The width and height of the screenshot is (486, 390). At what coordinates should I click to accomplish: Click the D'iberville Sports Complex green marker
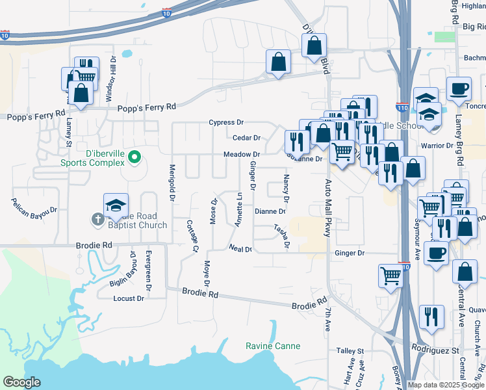coord(134,156)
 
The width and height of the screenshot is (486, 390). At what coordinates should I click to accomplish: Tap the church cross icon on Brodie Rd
coord(97,219)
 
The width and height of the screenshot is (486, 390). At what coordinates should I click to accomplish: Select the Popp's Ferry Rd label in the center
coord(147,107)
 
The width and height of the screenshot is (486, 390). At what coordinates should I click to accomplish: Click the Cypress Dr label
coord(226,122)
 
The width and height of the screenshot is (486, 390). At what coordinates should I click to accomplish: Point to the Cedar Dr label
coord(246,138)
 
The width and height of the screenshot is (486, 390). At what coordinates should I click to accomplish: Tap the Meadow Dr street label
coord(242,155)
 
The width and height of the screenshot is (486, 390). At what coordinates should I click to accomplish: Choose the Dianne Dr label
coord(270,211)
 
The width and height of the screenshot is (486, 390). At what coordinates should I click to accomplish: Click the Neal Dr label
coord(240,248)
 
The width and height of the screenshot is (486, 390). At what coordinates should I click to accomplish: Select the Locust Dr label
coord(129,298)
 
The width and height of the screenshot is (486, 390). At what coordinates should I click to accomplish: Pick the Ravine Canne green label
coord(273,346)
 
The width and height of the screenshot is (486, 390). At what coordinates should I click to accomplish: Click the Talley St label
coord(350,351)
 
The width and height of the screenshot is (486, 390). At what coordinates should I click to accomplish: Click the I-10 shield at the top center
coord(167,12)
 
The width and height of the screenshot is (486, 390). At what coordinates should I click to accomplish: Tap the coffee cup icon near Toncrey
coord(459,88)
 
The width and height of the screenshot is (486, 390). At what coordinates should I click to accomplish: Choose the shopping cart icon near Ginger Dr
coord(390,275)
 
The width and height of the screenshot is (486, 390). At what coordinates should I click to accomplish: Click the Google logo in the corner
coord(22,382)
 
